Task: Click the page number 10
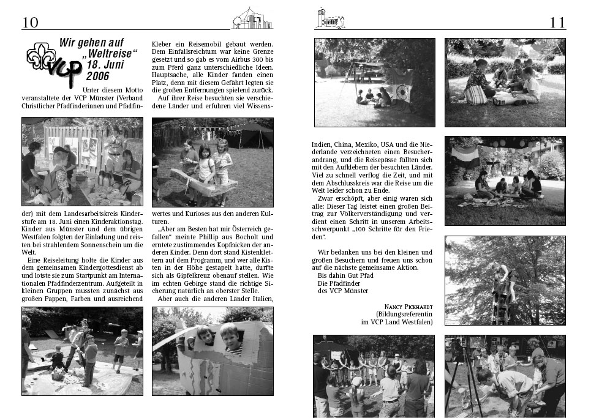click(30, 22)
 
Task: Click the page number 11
click(557, 22)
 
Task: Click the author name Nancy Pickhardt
click(408, 306)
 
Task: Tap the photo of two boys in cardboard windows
click(213, 351)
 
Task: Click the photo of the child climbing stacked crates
click(505, 280)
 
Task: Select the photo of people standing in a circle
click(374, 376)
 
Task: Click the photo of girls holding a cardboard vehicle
click(213, 162)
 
